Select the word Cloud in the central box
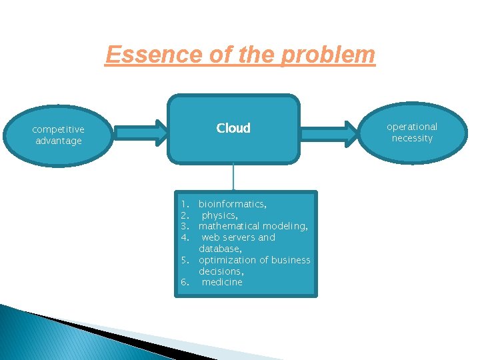tap(233, 128)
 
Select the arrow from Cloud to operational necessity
tap(330, 132)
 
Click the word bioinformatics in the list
tap(232, 204)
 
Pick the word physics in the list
tap(218, 215)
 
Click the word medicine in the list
tap(222, 283)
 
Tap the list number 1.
tap(185, 204)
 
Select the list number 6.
tap(185, 283)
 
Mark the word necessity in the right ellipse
tap(412, 139)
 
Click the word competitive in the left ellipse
tap(58, 129)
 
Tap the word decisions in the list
tap(220, 271)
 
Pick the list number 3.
tap(185, 227)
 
